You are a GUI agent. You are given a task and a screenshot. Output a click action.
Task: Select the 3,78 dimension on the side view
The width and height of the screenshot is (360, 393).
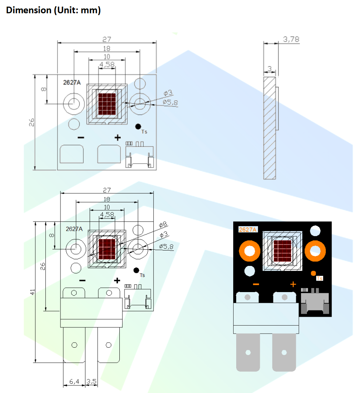point(291,39)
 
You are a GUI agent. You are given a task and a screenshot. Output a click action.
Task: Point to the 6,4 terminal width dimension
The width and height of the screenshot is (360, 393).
point(74,382)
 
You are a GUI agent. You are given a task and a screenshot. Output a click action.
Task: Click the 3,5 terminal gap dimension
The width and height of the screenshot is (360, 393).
point(91,382)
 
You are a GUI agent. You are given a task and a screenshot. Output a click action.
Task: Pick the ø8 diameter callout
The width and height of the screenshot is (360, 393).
point(163,224)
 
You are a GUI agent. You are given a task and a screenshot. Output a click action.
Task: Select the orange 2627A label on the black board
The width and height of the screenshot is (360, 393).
point(248,229)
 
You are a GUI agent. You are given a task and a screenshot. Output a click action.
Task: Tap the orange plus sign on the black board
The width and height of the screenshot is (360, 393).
point(293,284)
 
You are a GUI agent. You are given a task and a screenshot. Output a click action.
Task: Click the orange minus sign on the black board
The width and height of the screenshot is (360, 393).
point(256,284)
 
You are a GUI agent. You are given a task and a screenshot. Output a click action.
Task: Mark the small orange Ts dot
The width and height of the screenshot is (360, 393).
point(313,273)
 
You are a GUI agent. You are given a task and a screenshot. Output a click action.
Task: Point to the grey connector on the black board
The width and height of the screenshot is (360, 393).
point(314,301)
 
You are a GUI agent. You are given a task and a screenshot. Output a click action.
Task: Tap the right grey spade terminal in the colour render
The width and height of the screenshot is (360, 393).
point(284,352)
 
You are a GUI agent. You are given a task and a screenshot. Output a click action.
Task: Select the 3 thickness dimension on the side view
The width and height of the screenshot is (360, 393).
point(270,69)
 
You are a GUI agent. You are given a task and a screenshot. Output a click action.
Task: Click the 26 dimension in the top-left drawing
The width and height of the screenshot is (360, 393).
point(32,122)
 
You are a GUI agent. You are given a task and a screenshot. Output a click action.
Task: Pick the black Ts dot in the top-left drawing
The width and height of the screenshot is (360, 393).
point(138,127)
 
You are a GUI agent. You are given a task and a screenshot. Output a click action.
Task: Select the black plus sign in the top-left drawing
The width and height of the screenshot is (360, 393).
point(117,138)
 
